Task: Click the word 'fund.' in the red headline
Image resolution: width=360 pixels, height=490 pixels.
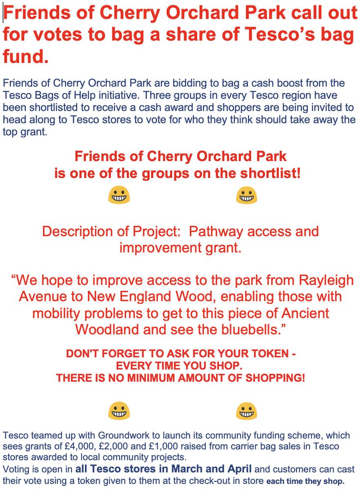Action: pos(25,57)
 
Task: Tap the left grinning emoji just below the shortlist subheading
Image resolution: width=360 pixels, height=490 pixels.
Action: pos(119,195)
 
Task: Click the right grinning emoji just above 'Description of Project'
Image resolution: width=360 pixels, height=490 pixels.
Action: pos(247,195)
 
